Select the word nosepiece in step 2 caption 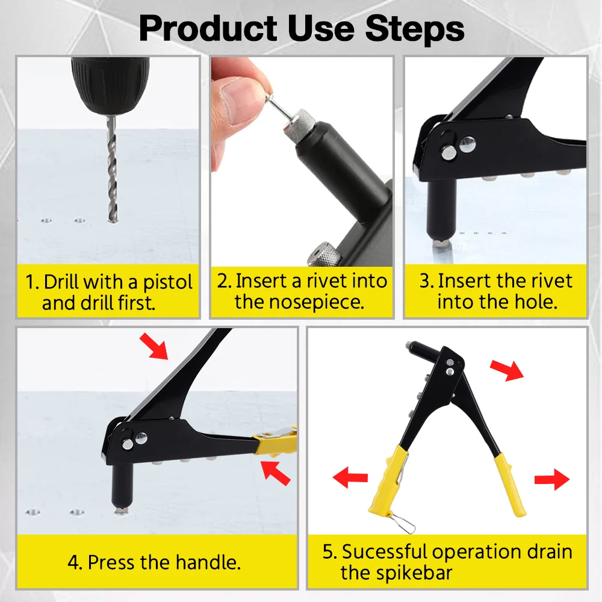pyautogui.click(x=299, y=302)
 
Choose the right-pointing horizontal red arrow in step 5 pyautogui.click(x=551, y=480)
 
